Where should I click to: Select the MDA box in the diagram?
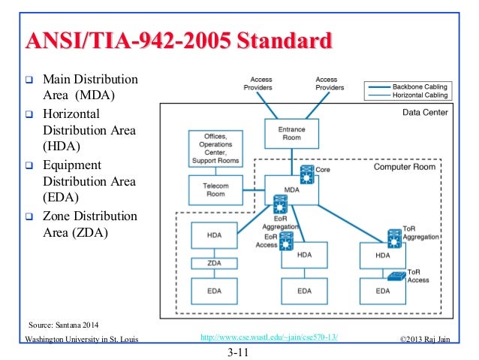tap(291, 189)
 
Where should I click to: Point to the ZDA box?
tap(214, 264)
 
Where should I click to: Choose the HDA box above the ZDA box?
tap(214, 235)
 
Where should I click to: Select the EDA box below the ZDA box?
tap(214, 290)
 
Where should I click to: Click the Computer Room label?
tap(405, 168)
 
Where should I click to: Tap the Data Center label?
tap(420, 113)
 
